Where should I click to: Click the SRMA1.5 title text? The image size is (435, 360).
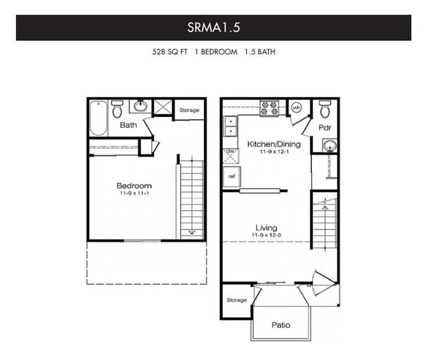(x=213, y=27)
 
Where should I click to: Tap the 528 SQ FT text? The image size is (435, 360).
(x=169, y=52)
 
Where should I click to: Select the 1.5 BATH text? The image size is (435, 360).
(x=260, y=52)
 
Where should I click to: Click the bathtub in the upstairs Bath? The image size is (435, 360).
(x=98, y=118)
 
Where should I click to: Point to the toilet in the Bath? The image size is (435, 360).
(x=117, y=109)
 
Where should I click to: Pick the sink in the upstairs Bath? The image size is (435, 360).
(x=141, y=106)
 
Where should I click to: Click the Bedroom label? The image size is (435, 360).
(x=134, y=185)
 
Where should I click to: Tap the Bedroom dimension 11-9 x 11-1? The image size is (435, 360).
(x=135, y=193)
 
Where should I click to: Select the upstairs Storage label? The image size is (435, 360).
(x=189, y=110)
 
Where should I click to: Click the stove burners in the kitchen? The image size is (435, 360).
(x=269, y=108)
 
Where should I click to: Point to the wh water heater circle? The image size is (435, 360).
(x=296, y=107)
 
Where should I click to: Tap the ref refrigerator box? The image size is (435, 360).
(x=232, y=177)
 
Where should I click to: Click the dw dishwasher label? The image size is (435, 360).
(x=230, y=151)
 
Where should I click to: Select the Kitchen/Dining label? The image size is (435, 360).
(x=274, y=145)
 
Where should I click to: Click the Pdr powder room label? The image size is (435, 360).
(x=325, y=128)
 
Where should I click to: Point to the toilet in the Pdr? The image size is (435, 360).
(x=325, y=109)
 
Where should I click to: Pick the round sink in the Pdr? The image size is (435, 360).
(x=329, y=145)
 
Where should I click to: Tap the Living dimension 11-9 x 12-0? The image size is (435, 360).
(x=266, y=235)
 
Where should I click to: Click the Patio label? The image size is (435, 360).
(x=281, y=325)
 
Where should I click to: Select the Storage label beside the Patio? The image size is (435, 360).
(x=236, y=300)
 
